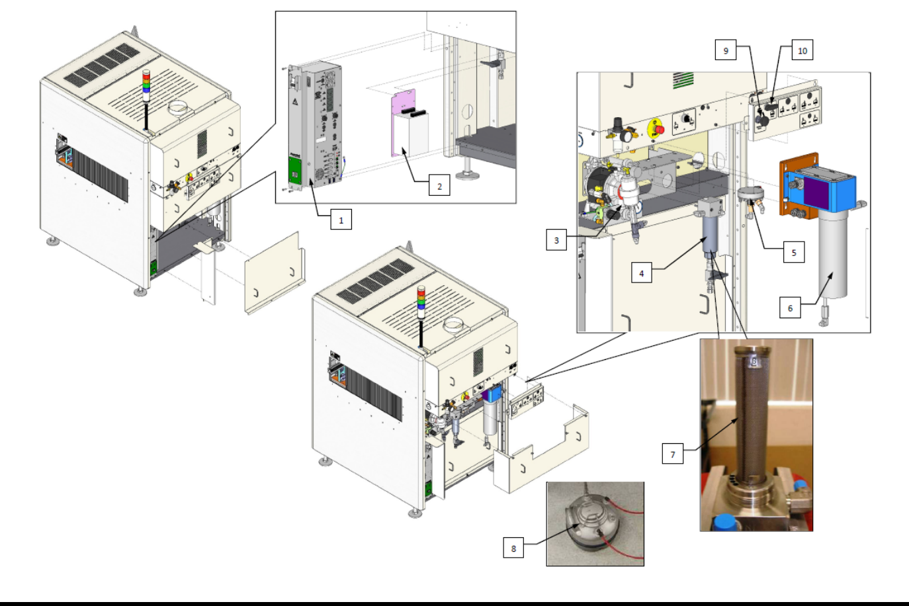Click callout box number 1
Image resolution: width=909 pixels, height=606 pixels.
click(x=341, y=220)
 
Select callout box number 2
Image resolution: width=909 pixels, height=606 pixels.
click(x=439, y=186)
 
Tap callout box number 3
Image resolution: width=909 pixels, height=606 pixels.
click(x=556, y=240)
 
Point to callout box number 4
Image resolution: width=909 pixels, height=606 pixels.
click(x=641, y=273)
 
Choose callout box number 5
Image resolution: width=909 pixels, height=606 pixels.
click(x=794, y=252)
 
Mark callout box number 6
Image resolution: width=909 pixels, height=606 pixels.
click(x=790, y=308)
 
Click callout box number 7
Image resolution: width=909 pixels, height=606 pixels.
click(x=673, y=454)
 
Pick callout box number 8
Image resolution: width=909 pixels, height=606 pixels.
click(x=513, y=548)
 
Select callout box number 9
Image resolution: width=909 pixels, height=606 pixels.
click(x=726, y=50)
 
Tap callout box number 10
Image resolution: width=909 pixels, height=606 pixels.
click(x=802, y=50)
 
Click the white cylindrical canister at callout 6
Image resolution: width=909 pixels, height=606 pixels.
click(x=833, y=255)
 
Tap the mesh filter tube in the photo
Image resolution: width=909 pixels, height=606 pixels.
click(x=752, y=417)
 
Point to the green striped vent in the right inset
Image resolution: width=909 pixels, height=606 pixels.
click(x=683, y=80)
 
